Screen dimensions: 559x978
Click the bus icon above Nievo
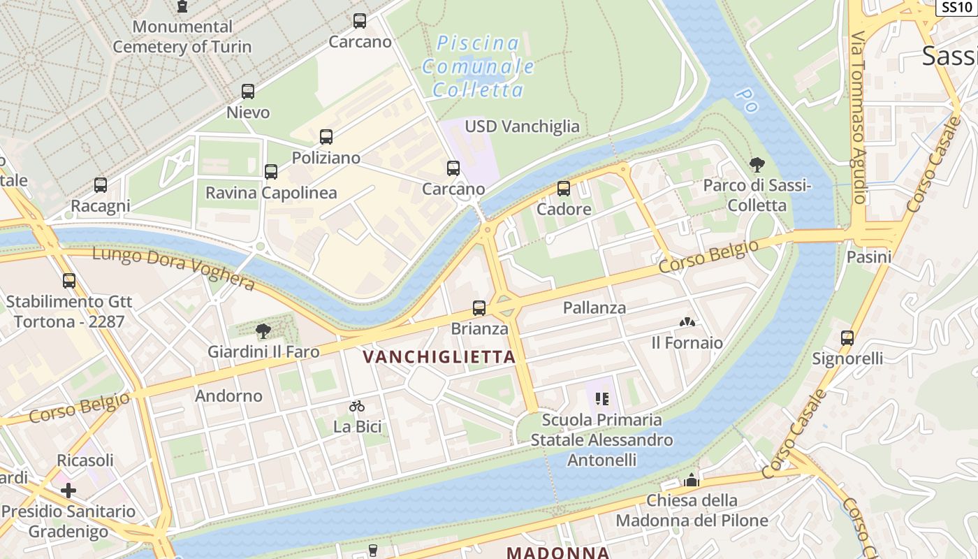(248, 92)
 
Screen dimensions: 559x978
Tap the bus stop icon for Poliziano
(326, 137)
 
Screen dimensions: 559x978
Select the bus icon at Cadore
(564, 189)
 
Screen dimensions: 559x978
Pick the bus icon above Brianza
(479, 308)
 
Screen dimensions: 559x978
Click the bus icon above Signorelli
(847, 338)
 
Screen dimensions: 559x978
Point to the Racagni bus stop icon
(101, 185)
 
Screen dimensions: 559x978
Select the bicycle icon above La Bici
(357, 406)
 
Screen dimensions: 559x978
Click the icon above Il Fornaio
(687, 323)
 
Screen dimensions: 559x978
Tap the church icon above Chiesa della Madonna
(692, 480)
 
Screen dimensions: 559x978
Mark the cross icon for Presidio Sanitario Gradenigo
(68, 491)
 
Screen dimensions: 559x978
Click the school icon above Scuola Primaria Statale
(602, 399)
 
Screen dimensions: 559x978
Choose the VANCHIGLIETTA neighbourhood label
(439, 357)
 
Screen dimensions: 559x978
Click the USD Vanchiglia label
(523, 126)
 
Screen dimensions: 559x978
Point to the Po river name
(746, 101)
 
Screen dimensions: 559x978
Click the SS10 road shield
(956, 7)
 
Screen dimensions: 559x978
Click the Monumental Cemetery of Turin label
(182, 37)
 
